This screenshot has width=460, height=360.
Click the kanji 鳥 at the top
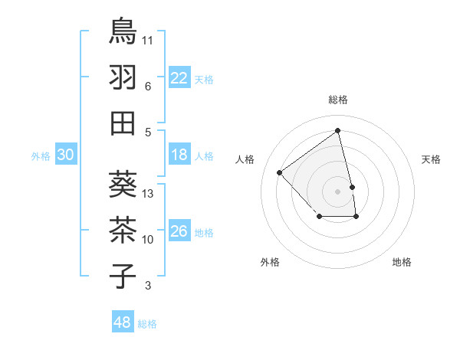123,31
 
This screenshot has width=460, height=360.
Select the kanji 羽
123,77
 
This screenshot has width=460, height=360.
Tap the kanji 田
123,123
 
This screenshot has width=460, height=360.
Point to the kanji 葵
123,184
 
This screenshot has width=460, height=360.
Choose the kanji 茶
123,230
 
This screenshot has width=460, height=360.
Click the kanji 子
123,276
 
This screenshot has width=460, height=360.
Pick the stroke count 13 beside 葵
149,194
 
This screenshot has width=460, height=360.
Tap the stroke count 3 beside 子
148,286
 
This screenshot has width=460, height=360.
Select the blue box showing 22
179,78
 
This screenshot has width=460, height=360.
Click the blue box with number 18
179,155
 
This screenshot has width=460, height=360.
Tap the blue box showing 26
179,232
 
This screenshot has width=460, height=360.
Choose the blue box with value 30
66,155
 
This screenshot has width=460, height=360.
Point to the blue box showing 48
123,322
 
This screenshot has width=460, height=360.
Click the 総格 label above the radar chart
338,100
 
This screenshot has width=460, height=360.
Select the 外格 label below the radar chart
270,262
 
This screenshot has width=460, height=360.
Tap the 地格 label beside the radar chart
402,262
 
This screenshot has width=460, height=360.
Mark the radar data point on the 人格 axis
280,172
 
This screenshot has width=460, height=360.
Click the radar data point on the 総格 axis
338,130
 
